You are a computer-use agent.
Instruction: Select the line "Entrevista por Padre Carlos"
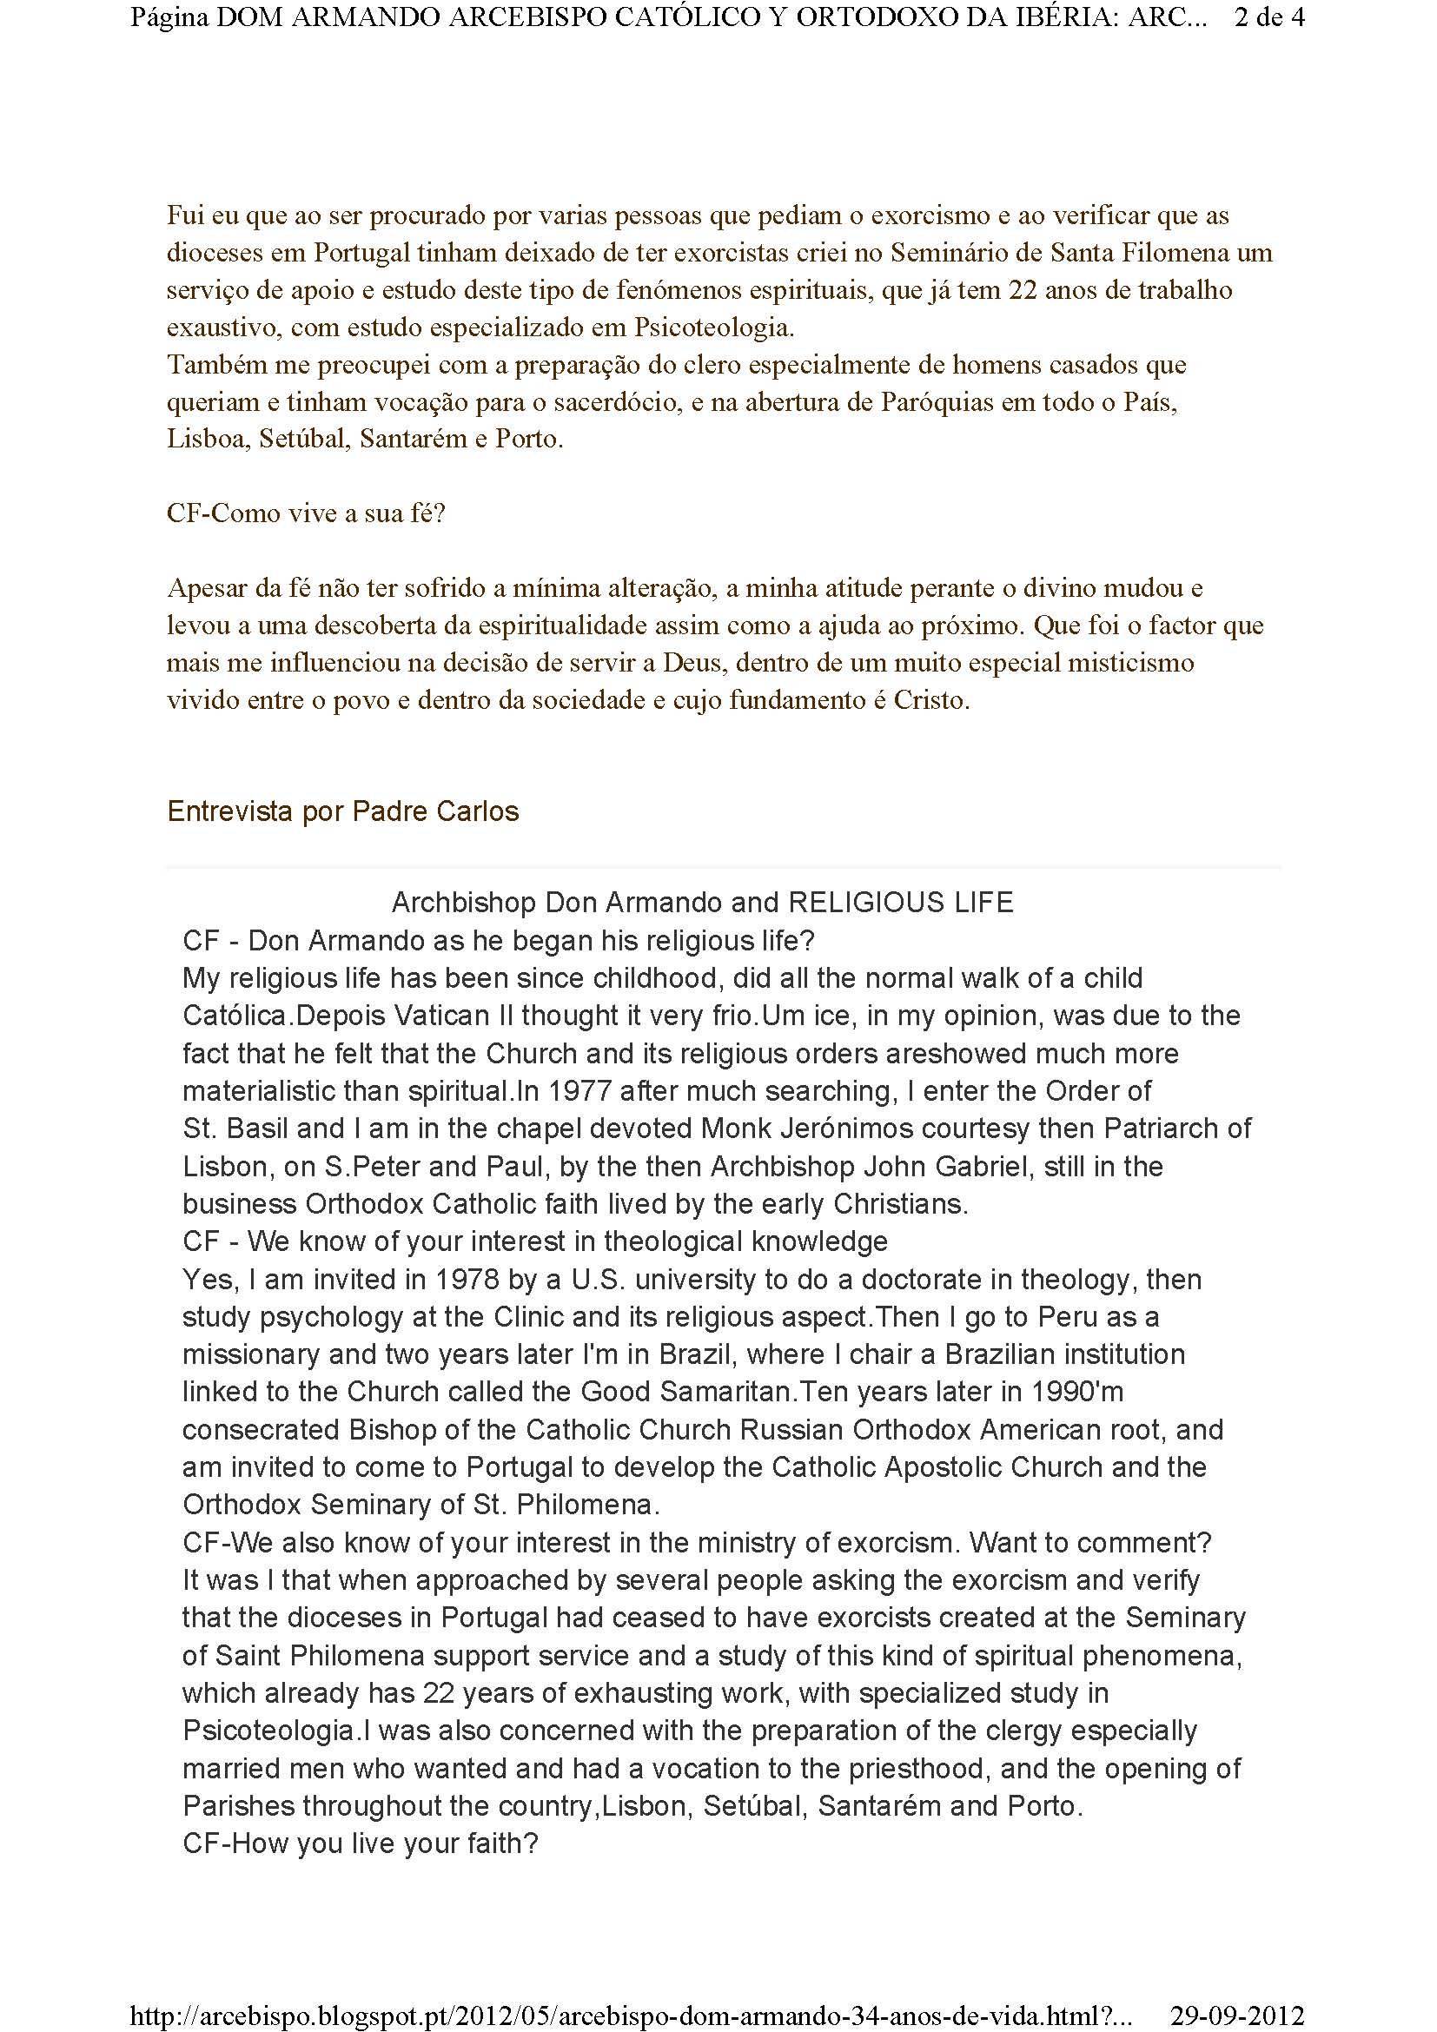(342, 811)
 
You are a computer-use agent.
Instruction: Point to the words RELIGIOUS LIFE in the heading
(901, 902)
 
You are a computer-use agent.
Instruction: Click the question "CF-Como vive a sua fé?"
(306, 513)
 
